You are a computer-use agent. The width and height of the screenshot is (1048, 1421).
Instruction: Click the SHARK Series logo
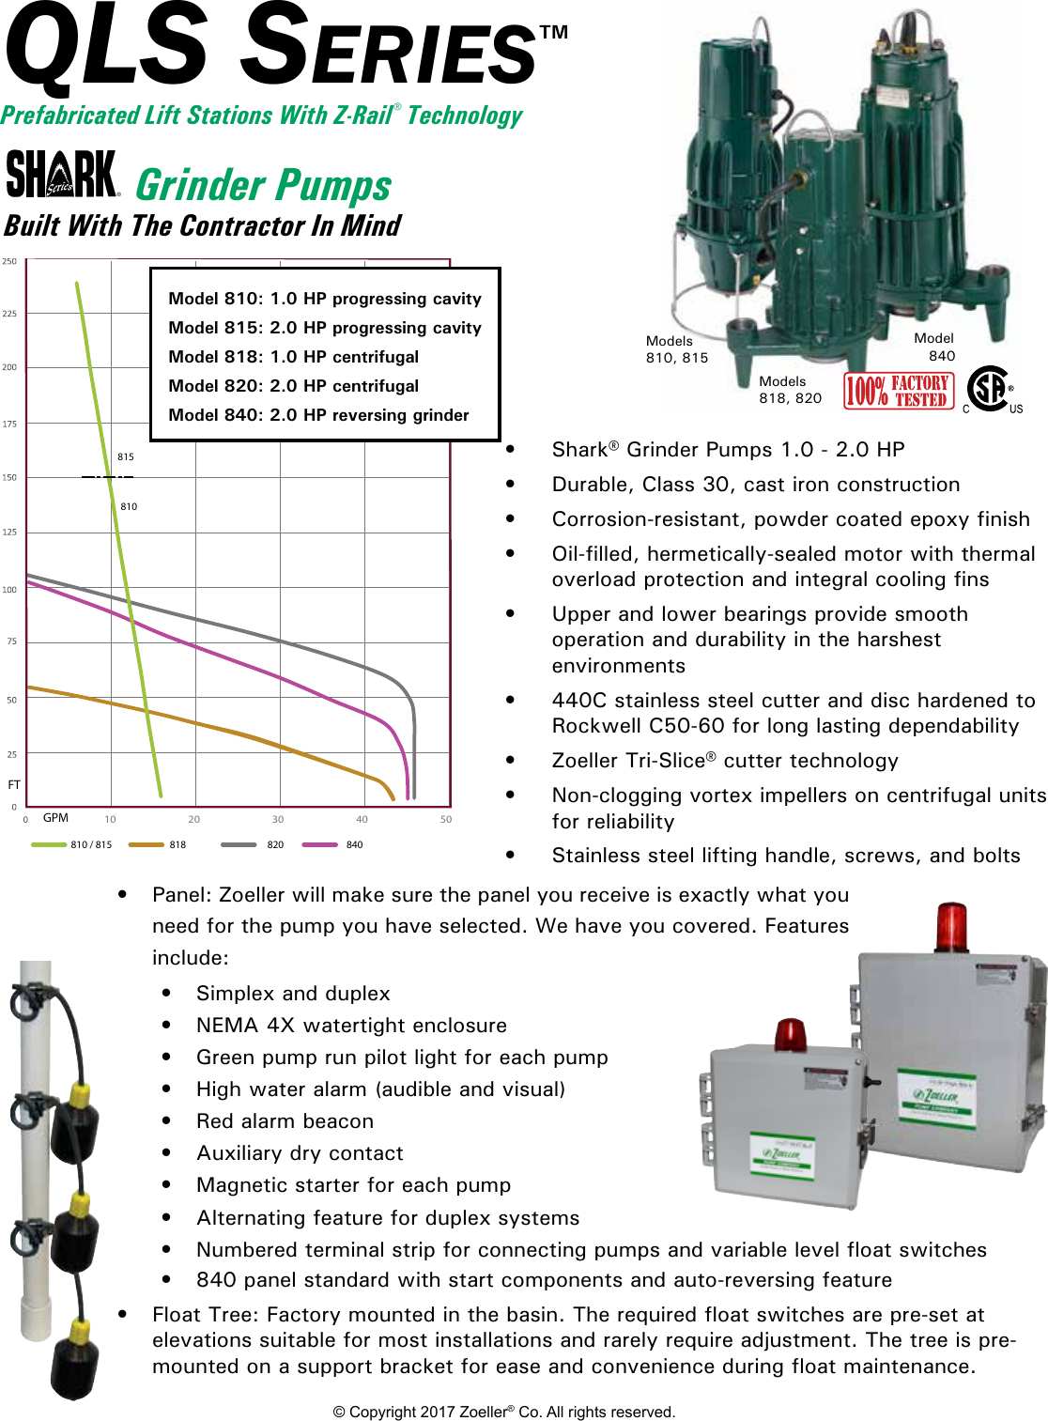click(x=62, y=175)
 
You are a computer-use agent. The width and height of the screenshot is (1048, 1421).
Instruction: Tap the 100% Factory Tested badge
click(x=899, y=391)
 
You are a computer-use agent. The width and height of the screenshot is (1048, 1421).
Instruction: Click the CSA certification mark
click(x=991, y=389)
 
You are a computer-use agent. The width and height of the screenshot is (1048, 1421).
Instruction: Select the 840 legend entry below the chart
click(x=333, y=844)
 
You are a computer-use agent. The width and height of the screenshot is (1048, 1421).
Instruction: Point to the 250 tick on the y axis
click(x=9, y=261)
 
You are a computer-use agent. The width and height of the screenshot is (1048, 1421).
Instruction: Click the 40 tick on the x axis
click(x=362, y=819)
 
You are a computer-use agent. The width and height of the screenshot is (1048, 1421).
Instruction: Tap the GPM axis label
click(x=55, y=818)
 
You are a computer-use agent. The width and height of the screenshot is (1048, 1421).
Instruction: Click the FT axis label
click(x=14, y=784)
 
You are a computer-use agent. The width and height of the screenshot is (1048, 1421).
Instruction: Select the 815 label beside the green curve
click(x=126, y=456)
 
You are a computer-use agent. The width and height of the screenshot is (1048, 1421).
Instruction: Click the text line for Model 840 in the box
click(x=318, y=415)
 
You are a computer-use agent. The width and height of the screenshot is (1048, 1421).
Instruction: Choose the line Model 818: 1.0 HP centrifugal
click(x=293, y=357)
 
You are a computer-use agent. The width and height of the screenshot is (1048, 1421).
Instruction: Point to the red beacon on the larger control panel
click(x=950, y=926)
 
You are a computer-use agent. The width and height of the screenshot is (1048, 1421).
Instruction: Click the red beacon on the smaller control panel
click(x=789, y=1033)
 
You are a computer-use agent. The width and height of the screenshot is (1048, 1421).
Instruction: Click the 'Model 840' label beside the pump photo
click(x=934, y=347)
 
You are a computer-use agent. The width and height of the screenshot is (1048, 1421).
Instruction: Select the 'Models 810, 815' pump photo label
click(x=676, y=349)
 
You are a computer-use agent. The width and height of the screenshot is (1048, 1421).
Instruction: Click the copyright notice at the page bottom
click(x=504, y=1412)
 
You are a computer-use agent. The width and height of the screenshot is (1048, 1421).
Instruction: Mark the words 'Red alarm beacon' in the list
click(x=285, y=1121)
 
